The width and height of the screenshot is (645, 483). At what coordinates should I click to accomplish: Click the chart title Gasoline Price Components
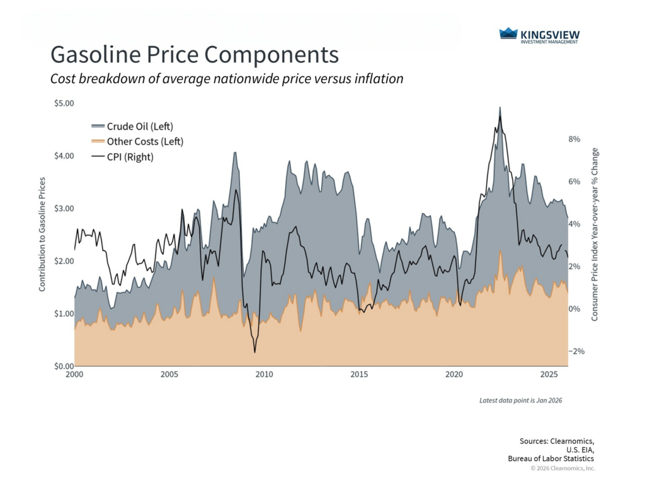(194, 55)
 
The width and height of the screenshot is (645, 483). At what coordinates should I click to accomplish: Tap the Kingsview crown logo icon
(508, 33)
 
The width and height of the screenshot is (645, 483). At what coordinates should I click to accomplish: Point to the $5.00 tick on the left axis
(64, 103)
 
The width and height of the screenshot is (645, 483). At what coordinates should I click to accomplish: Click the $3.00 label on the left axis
(64, 208)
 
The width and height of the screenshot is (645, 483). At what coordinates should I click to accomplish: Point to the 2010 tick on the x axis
(264, 375)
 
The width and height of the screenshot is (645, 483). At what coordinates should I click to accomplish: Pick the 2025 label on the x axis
(549, 375)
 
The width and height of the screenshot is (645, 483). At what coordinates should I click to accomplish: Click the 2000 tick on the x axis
(74, 375)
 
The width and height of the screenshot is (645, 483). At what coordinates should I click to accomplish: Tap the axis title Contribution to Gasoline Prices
(42, 234)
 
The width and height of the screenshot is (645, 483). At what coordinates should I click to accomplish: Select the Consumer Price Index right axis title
(595, 235)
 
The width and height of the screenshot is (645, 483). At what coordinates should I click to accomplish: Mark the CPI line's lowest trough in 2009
(254, 352)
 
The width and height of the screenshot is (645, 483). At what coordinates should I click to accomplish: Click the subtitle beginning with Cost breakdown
(226, 79)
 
